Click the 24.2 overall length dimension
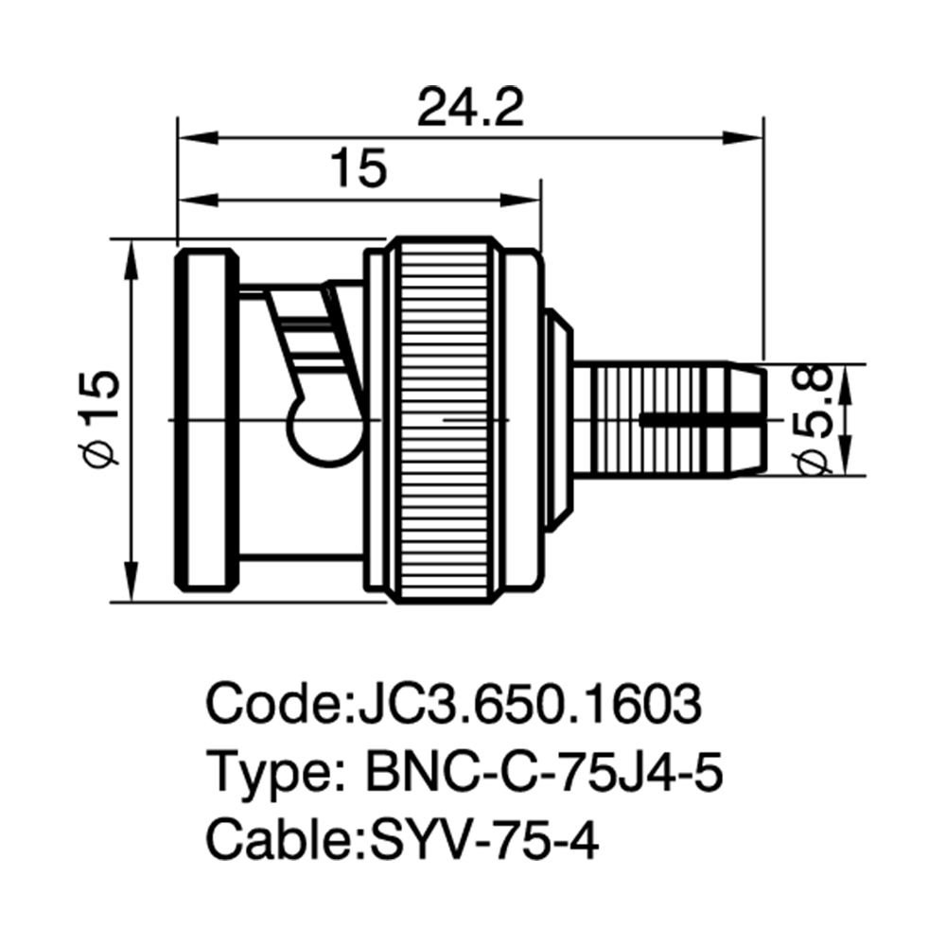coord(470,108)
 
